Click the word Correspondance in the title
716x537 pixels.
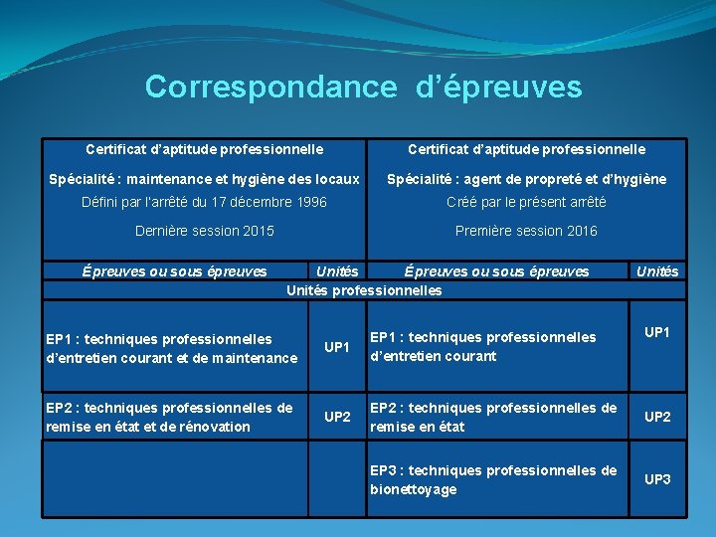pos(270,88)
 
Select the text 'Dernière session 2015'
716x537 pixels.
pos(204,231)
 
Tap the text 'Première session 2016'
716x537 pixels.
pos(526,231)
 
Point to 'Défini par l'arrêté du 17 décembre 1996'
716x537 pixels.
pos(204,202)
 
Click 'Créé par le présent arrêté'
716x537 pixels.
pos(526,202)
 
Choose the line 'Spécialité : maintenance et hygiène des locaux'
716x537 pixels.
pos(205,179)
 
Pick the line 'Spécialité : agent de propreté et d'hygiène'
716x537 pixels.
pos(526,179)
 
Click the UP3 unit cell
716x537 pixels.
pos(657,479)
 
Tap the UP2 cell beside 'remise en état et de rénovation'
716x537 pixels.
pos(337,417)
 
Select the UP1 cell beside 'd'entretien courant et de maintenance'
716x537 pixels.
pos(337,347)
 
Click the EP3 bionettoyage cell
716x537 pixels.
pos(493,479)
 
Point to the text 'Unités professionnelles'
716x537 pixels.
pos(364,290)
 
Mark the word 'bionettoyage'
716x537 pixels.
pos(414,489)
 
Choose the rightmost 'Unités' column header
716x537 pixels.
pos(656,271)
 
